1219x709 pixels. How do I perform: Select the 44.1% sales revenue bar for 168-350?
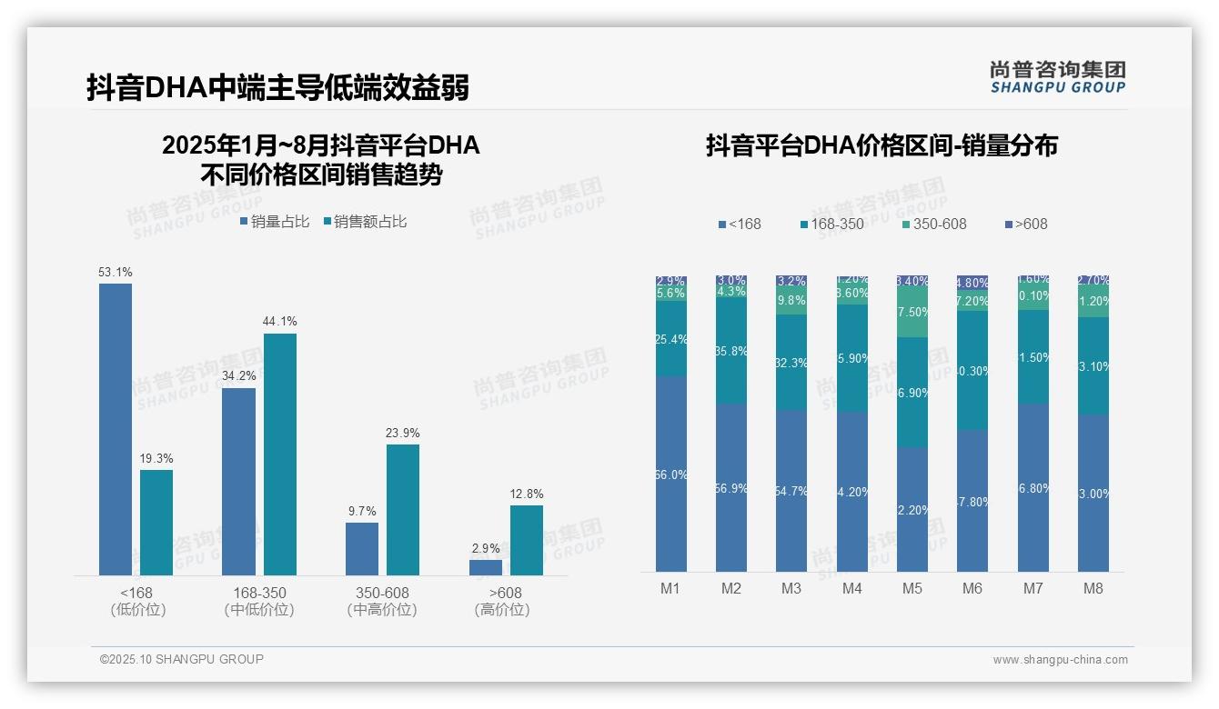point(280,454)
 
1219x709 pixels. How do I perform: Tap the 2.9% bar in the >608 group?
point(486,567)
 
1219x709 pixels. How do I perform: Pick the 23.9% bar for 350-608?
point(403,509)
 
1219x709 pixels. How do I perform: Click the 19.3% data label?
point(156,458)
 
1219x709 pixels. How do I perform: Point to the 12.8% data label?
point(527,494)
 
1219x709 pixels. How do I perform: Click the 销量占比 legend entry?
point(275,222)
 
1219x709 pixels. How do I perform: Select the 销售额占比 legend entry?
point(365,222)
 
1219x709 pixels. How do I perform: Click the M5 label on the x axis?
point(912,588)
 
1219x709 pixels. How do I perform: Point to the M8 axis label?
point(1093,588)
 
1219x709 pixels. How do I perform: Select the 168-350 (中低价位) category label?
point(259,601)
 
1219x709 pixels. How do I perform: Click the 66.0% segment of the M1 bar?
point(670,474)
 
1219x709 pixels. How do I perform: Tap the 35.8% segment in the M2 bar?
point(731,351)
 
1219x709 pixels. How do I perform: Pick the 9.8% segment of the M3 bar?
point(791,301)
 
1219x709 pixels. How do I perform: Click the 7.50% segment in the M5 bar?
point(912,312)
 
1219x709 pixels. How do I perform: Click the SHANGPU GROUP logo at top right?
point(1058,76)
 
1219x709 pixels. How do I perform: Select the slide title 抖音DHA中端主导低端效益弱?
point(278,88)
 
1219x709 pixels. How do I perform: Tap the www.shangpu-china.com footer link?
point(1060,660)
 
